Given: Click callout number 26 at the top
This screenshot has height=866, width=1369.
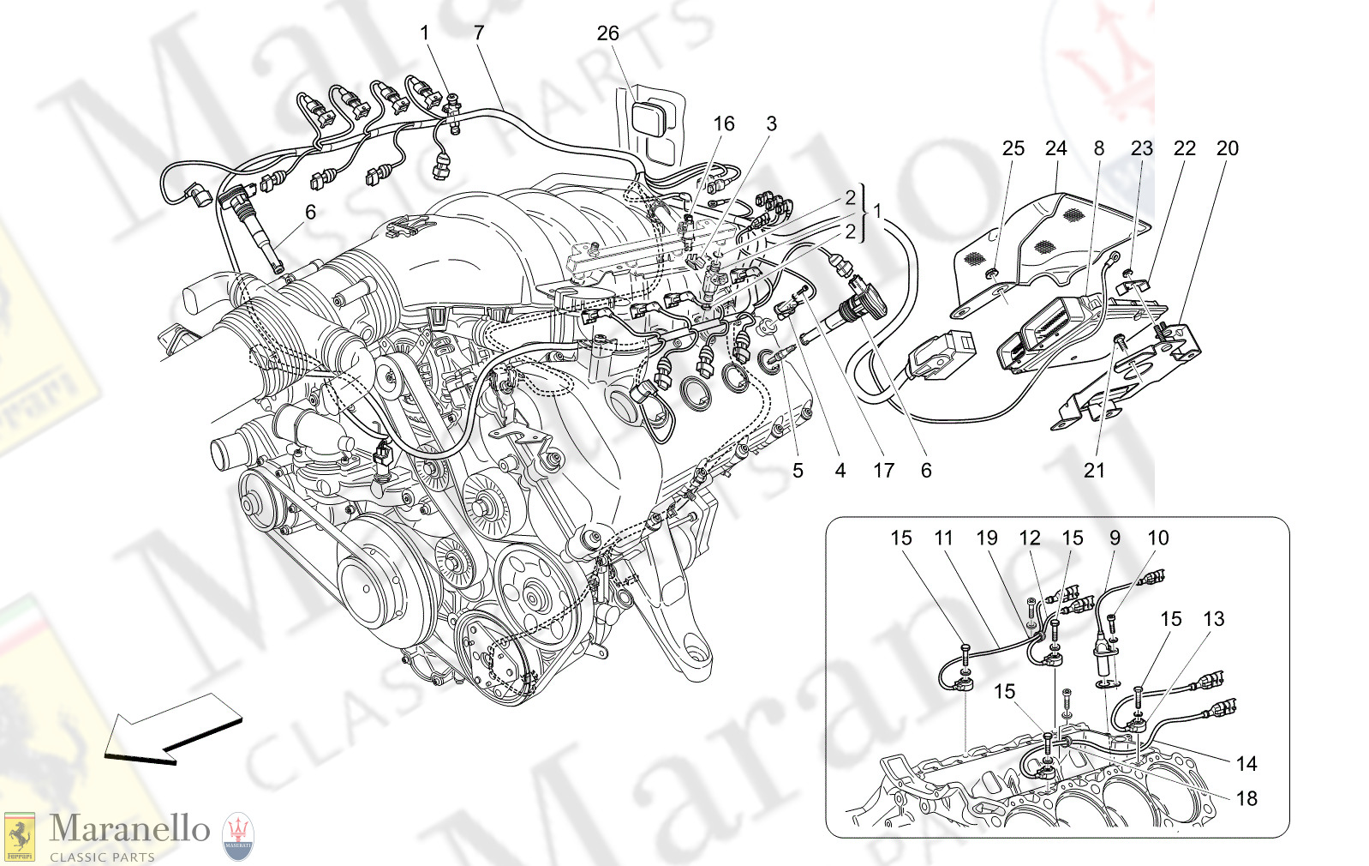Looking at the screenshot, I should coord(607,33).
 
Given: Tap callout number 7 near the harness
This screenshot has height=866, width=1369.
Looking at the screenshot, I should coord(479,33).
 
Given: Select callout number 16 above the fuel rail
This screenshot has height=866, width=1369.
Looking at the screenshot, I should coord(724,124).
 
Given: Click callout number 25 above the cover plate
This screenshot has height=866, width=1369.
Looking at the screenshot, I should coord(1013,148).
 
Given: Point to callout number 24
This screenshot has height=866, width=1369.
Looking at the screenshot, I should coord(1055,148).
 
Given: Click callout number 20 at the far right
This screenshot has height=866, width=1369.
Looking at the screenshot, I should coord(1227,148).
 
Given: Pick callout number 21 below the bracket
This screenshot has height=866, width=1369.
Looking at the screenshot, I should coord(1094,471).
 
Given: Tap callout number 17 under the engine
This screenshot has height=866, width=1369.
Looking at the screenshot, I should coord(883,471).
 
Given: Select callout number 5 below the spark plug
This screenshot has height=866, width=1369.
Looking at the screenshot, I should coord(798,471).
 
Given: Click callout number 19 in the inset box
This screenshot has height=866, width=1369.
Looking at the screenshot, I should coord(986,538).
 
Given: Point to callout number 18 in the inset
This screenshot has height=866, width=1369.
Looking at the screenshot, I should coord(1246,799).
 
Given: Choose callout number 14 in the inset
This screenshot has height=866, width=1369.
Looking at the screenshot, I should coord(1246,763).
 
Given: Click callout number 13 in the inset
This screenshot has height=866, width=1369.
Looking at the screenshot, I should coord(1213,619).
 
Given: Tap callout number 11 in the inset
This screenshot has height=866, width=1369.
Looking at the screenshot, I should coord(943,538).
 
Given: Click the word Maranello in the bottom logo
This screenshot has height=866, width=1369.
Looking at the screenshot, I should coord(129,829).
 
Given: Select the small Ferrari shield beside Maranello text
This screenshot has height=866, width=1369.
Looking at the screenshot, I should coord(20,837).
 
